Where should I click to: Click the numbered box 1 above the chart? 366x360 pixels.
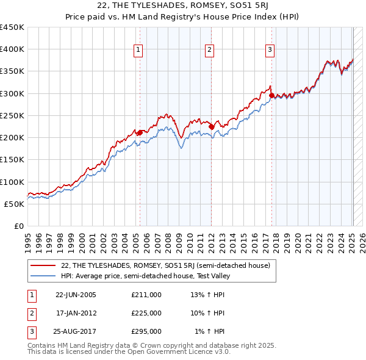(x=139, y=50)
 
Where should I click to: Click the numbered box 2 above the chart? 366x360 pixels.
(x=209, y=50)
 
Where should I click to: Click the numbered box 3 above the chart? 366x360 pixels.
(x=270, y=50)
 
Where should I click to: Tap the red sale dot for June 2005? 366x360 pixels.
(x=140, y=132)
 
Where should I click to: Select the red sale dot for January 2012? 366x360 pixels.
(x=212, y=126)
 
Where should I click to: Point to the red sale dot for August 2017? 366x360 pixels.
(x=271, y=95)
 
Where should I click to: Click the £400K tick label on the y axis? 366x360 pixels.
(x=12, y=49)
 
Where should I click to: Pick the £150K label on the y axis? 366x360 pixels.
(x=12, y=160)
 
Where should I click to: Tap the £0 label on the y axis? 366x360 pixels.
(x=18, y=226)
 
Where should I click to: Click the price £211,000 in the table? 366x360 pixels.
(x=146, y=295)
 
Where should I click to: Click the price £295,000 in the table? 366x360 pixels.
(x=146, y=331)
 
